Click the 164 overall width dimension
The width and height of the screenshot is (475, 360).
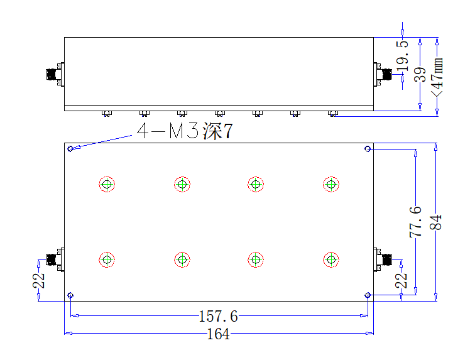218,334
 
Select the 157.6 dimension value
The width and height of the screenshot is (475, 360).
218,317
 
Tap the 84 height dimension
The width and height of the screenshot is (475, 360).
436,222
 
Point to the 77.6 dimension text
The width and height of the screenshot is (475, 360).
416,222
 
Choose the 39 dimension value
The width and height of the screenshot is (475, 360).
420,75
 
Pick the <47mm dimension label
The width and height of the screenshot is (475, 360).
437,77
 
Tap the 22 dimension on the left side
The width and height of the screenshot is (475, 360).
39,280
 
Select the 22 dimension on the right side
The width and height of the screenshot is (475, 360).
401,280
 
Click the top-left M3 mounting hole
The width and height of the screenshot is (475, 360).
70,148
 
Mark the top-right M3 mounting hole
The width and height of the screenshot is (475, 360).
368,148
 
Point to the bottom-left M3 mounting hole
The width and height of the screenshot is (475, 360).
70,295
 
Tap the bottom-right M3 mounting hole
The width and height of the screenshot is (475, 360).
368,295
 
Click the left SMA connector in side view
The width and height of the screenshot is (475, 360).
55,74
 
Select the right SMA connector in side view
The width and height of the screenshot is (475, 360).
383,74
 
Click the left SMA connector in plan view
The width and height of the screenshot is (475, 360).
55,259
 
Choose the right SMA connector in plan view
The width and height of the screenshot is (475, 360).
383,259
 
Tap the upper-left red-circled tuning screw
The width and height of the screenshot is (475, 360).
107,184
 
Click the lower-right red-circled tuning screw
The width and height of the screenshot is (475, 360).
331,259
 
